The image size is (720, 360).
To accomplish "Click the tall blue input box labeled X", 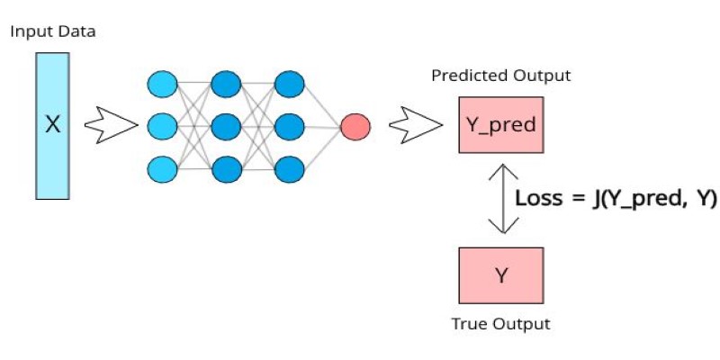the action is (x=53, y=126).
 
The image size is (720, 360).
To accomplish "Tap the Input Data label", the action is (x=53, y=32).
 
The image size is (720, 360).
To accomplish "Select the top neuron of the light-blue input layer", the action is (x=162, y=85).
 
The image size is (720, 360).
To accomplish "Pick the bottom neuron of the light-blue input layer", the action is (x=162, y=169).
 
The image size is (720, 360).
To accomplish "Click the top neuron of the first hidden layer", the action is (x=226, y=85).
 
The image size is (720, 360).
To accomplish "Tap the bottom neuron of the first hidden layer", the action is (x=226, y=169).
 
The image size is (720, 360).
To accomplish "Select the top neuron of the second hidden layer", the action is (x=289, y=85).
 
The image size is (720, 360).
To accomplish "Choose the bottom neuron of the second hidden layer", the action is (x=289, y=169).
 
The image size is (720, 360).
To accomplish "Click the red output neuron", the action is (x=355, y=127).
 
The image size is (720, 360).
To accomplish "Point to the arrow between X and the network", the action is (x=111, y=125).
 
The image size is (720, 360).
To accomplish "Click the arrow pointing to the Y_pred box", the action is (x=416, y=125).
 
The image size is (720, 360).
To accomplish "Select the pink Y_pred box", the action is (x=501, y=124).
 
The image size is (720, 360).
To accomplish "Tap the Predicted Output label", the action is (x=501, y=76).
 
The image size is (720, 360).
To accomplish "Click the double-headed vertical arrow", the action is (x=503, y=198).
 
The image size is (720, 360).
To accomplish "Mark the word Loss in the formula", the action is (x=538, y=198).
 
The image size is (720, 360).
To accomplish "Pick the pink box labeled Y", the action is (x=501, y=275).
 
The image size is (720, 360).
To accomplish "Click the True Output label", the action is (x=501, y=324).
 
